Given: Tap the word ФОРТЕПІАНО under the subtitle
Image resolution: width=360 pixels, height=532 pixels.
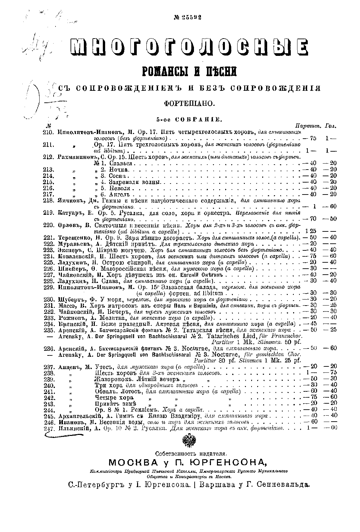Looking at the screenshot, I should pyautogui.click(x=189, y=103).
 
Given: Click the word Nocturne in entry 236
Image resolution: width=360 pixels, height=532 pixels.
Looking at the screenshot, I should pyautogui.click(x=197, y=348).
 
